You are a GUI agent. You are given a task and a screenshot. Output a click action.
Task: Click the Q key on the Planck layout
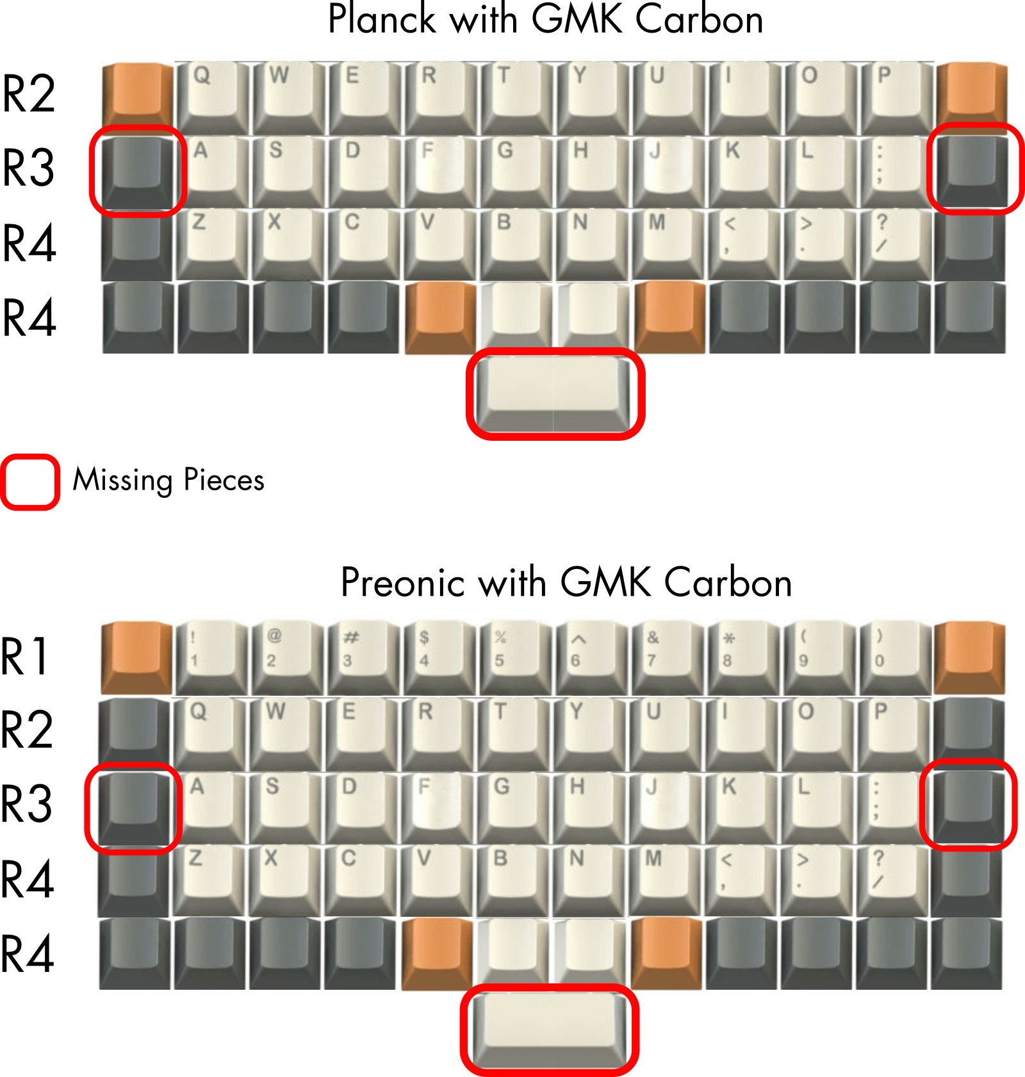tap(211, 96)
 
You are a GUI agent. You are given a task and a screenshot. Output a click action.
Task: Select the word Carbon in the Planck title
tap(699, 19)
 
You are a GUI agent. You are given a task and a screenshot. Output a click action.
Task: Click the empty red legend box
tap(30, 482)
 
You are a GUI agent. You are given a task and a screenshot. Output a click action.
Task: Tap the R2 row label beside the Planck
tap(29, 94)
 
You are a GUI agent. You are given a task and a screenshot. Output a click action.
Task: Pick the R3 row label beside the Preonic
tap(27, 803)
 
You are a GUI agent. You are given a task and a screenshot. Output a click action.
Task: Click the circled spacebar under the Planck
tap(555, 393)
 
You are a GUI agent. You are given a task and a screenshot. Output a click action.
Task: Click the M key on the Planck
tap(668, 243)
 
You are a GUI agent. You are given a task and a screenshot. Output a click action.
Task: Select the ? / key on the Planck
tap(895, 243)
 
